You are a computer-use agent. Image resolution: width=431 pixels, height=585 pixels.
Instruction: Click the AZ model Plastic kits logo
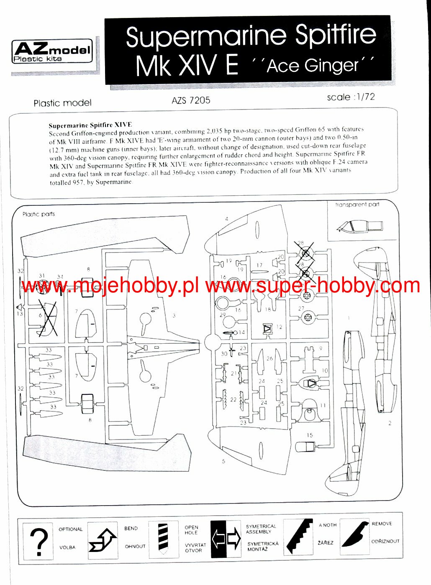coord(52,52)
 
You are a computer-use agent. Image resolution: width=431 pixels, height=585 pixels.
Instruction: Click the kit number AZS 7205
coord(191,100)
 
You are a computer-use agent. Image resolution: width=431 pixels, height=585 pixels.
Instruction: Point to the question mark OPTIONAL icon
coord(38,541)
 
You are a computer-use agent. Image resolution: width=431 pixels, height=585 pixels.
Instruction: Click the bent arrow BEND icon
coord(103,540)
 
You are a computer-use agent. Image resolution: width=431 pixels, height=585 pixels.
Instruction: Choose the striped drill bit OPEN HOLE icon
coord(162,539)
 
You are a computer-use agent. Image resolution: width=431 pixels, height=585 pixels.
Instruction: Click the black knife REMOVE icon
coord(354,537)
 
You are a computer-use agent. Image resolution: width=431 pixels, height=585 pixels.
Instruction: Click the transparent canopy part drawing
coord(359,226)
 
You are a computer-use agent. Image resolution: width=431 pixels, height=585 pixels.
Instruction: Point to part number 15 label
coord(309,435)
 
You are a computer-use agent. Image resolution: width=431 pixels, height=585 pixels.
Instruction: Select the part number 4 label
coord(226,219)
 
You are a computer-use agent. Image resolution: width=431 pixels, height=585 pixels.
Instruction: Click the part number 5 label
coord(223,461)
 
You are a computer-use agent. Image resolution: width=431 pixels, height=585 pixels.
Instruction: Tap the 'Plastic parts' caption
coord(38,214)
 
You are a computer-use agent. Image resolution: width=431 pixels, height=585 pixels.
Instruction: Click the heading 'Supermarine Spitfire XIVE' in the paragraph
coord(90,125)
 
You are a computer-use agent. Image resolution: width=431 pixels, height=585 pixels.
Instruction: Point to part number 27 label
coord(301,309)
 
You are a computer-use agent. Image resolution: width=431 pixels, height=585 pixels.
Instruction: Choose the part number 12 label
coord(279,327)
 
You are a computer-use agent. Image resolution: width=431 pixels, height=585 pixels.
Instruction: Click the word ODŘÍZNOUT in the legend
coord(385,541)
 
